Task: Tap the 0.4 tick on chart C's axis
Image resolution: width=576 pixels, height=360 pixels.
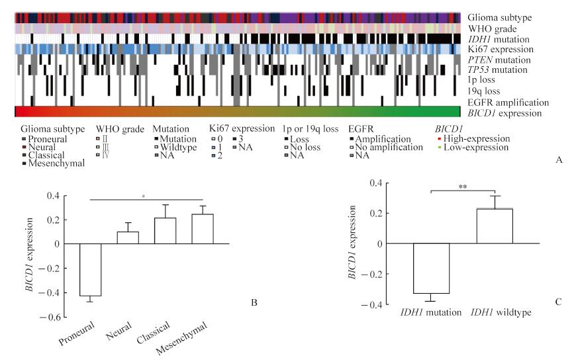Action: tap(387, 182)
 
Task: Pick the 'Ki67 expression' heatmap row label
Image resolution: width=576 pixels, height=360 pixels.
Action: tap(497, 50)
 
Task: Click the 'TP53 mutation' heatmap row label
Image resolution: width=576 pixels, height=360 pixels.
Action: tap(497, 70)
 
